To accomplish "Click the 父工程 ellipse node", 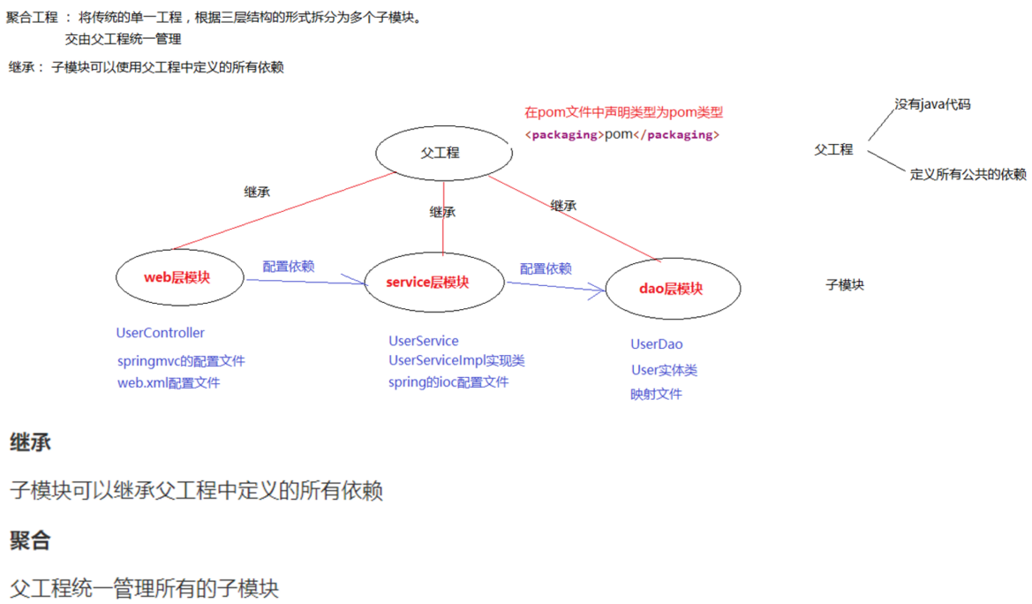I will click(x=443, y=153).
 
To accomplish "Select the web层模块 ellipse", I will click(x=179, y=277).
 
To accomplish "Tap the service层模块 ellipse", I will click(x=433, y=283).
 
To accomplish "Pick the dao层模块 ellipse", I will click(x=673, y=288).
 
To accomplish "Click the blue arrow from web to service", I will click(x=305, y=282).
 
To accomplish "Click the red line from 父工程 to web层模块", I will click(x=282, y=211).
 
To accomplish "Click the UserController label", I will click(x=160, y=333).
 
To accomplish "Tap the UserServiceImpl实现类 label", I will click(x=456, y=360).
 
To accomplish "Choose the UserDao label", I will click(x=656, y=344).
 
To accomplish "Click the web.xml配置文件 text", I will click(x=169, y=383).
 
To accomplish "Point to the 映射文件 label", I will click(x=656, y=394).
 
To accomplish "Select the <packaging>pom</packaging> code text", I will click(x=622, y=134).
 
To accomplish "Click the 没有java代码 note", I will click(x=932, y=104).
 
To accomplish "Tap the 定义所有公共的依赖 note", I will click(x=968, y=174).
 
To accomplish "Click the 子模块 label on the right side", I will click(x=844, y=285).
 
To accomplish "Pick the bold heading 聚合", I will click(x=30, y=540).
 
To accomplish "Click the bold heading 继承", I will click(x=30, y=442).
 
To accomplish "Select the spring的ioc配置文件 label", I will click(x=448, y=382).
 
